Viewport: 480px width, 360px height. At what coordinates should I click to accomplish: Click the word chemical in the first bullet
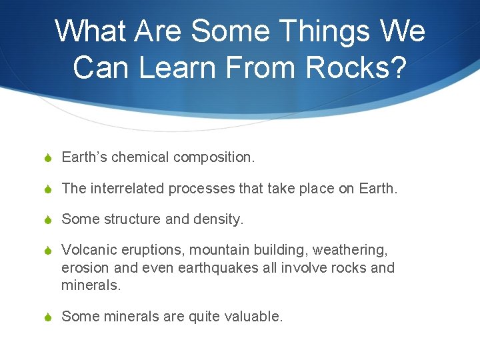(141, 157)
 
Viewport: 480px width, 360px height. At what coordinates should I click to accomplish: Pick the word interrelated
(126, 189)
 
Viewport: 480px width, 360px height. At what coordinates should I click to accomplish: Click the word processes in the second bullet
(202, 189)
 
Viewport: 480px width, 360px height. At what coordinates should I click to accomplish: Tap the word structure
(129, 219)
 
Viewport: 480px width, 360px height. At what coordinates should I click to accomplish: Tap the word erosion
(83, 268)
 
